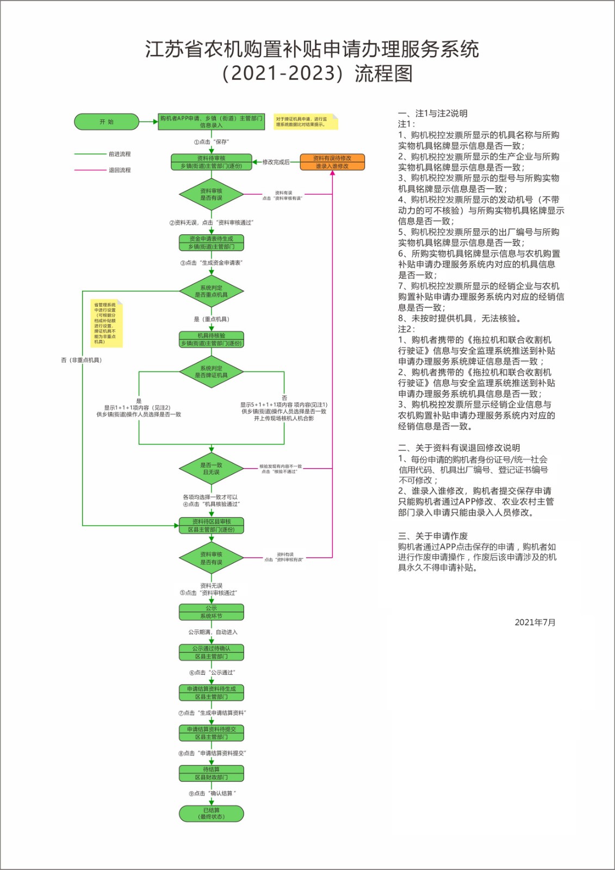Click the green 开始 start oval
pyautogui.click(x=107, y=122)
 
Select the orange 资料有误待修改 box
pyautogui.click(x=332, y=162)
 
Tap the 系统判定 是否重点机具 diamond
pyautogui.click(x=212, y=291)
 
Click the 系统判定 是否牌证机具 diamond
pyautogui.click(x=212, y=372)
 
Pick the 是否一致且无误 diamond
pyautogui.click(x=212, y=469)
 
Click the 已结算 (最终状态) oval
pyautogui.click(x=212, y=813)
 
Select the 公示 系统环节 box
pyautogui.click(x=212, y=612)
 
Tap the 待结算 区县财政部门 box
pyautogui.click(x=212, y=773)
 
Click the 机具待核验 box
pyautogui.click(x=212, y=339)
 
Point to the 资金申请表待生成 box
pyautogui.click(x=212, y=243)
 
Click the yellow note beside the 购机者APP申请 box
pyautogui.click(x=305, y=122)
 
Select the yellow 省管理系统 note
pyautogui.click(x=107, y=323)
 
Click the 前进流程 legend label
pyautogui.click(x=120, y=154)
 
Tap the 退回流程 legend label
pyautogui.click(x=120, y=170)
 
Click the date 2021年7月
pyautogui.click(x=535, y=623)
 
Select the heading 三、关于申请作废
pyautogui.click(x=433, y=536)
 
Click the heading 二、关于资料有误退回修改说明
pyautogui.click(x=459, y=448)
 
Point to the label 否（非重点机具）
pyautogui.click(x=82, y=360)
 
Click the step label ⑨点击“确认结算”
pyautogui.click(x=213, y=793)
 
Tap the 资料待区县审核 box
pyautogui.click(x=212, y=525)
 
